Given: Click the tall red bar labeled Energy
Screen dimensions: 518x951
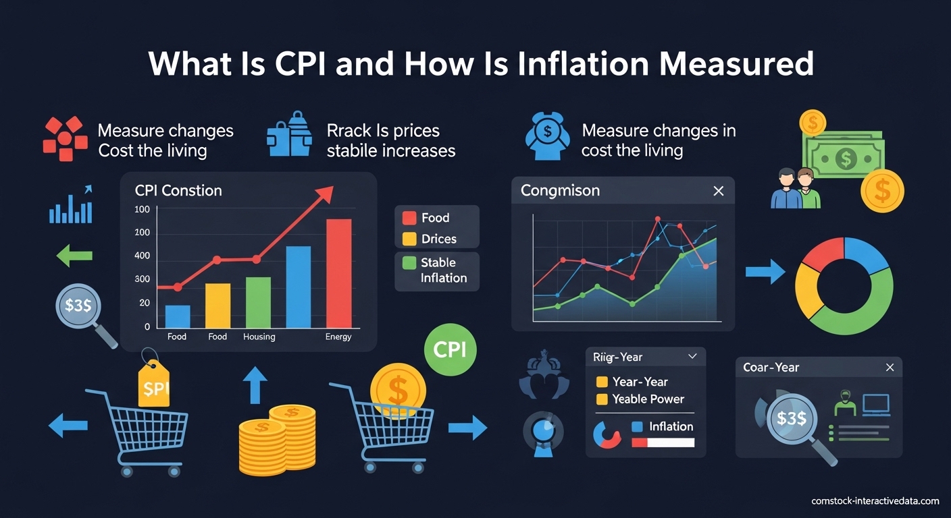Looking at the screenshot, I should [338, 273].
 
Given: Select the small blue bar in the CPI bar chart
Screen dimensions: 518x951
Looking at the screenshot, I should [177, 316].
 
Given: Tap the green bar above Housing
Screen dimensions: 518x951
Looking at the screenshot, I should [258, 302].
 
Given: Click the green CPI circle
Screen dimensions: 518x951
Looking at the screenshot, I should [450, 349].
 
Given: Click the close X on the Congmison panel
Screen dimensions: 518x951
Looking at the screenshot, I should [719, 191].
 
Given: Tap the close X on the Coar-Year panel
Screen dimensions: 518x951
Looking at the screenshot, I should [890, 368].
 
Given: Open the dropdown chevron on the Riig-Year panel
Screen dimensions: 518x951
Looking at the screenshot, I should [692, 356].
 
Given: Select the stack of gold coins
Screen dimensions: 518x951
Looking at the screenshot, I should [277, 438].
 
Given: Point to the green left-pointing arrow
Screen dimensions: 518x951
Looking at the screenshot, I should [74, 256].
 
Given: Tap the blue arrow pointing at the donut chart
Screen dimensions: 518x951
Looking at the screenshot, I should [765, 272].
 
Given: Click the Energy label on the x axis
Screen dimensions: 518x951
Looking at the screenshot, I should [338, 337].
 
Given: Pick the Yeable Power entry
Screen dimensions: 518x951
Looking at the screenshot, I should [648, 399].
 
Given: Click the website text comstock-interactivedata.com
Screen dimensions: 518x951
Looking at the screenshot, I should [875, 500].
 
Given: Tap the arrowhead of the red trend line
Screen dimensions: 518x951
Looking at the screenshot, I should [325, 194].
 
